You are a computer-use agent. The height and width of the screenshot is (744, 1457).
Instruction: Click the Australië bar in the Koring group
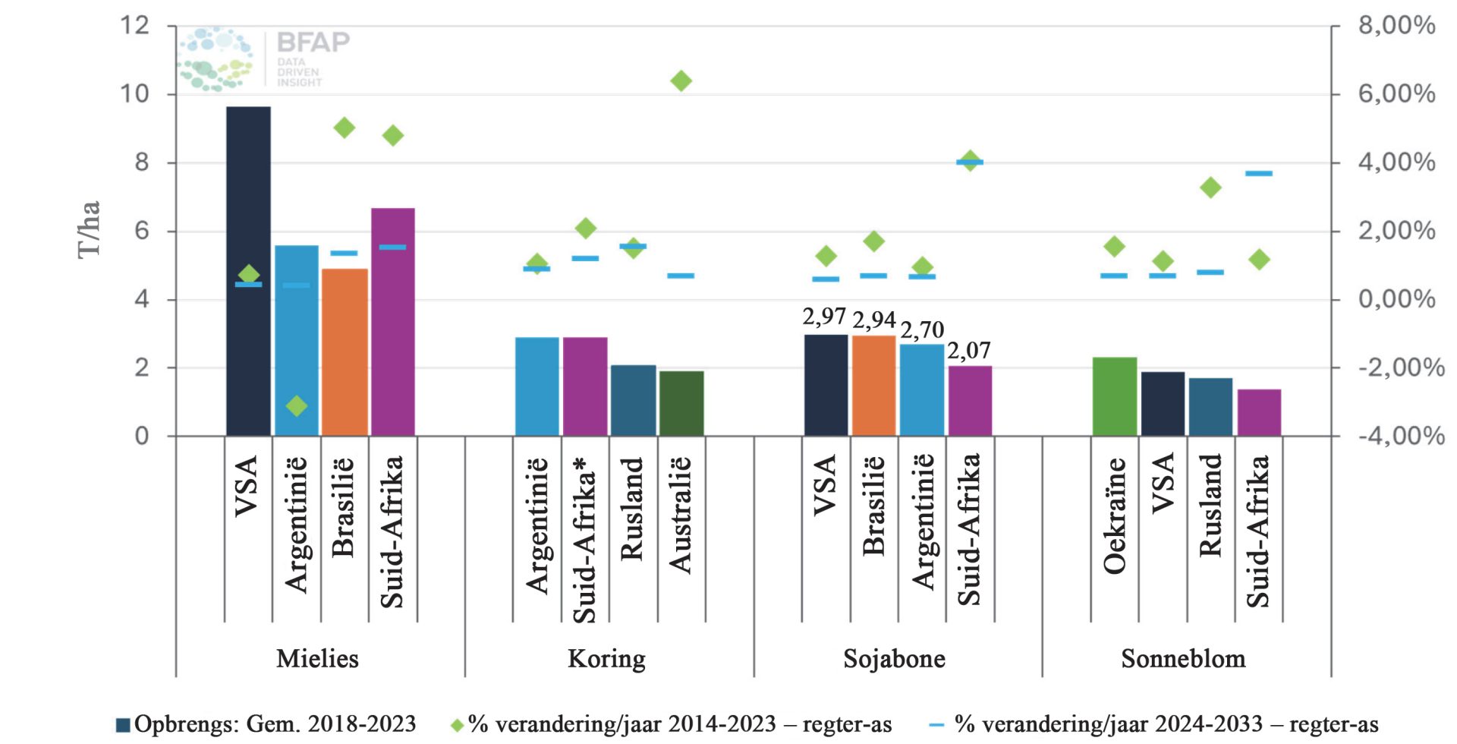click(681, 403)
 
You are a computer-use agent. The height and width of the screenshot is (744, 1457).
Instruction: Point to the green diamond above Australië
click(681, 81)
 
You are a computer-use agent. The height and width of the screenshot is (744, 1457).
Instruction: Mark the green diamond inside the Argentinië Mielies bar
click(297, 406)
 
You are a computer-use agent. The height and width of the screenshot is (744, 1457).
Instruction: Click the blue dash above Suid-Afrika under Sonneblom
click(1258, 174)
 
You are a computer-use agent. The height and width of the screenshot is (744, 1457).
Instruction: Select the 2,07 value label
click(969, 351)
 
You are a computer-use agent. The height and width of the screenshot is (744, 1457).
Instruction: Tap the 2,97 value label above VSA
click(824, 317)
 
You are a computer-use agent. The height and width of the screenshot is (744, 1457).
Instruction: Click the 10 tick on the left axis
click(135, 94)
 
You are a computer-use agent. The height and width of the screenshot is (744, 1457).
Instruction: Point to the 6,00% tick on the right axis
click(1396, 94)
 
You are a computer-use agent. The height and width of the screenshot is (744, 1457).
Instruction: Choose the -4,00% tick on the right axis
click(1400, 436)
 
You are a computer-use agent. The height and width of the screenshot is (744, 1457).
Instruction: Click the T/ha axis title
click(89, 229)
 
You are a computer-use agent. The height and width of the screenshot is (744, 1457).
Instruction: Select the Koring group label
click(606, 658)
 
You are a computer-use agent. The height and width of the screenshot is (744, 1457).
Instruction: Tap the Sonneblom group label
click(1183, 658)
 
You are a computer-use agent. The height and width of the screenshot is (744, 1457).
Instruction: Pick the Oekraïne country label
click(1114, 516)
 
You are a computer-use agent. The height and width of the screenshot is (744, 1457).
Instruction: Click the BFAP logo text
click(313, 42)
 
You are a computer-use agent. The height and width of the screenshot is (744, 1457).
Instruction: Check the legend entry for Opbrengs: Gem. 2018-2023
click(266, 724)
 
